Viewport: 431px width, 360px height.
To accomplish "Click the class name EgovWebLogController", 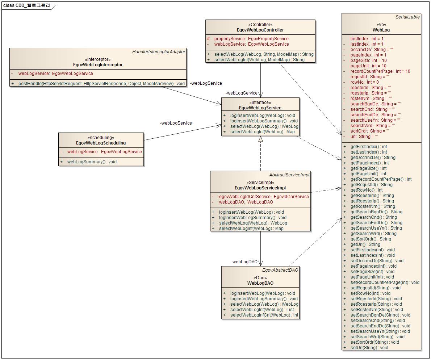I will coord(260,30).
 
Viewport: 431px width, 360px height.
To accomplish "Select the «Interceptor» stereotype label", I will coord(98,59).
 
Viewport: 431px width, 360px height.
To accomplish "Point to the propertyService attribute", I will coord(251,39).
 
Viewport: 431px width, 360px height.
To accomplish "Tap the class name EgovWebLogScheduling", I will coord(101,143).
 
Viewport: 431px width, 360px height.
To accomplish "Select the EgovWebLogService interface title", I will coord(260,108).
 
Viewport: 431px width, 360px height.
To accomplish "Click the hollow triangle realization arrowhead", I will coord(260,139).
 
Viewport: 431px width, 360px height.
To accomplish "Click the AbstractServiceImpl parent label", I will coord(289,175).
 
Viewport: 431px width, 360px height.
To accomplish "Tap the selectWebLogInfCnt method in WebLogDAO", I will coord(264,315).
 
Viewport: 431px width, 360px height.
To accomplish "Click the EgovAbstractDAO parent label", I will coord(280,270).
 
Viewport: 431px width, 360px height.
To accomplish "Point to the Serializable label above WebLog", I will coord(407,17).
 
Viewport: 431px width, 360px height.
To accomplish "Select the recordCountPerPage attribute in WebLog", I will coord(380,71).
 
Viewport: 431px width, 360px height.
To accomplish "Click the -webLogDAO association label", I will coord(244,262).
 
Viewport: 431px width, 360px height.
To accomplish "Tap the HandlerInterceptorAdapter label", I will coord(159,52).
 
